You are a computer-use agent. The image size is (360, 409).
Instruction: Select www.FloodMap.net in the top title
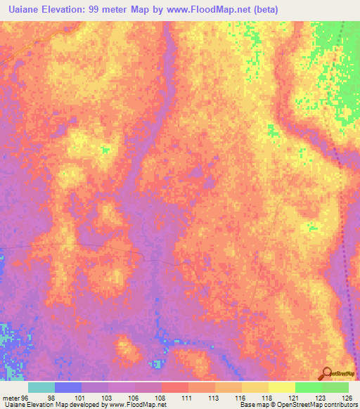coord(214,9)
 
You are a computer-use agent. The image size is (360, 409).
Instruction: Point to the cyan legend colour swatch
coord(41,387)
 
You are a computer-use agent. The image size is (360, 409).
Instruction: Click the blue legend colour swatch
coord(68,387)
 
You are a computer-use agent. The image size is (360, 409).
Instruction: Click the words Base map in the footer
coord(252,405)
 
